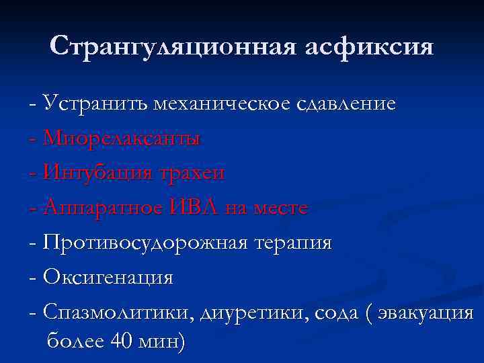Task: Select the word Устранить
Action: pyautogui.click(x=95, y=104)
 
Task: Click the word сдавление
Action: pyautogui.click(x=346, y=104)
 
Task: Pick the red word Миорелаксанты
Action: pyautogui.click(x=122, y=138)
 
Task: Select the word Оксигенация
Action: pyautogui.click(x=108, y=277)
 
